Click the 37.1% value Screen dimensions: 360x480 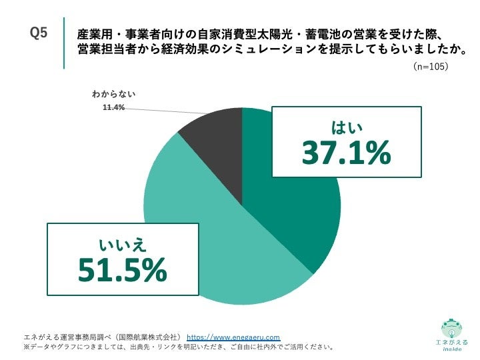click(x=345, y=153)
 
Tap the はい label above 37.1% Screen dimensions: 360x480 click(x=346, y=126)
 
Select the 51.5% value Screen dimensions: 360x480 click(x=122, y=269)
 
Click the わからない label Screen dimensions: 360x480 click(x=113, y=95)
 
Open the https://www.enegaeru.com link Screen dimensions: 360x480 click(x=233, y=337)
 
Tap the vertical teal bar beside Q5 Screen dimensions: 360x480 click(x=65, y=43)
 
